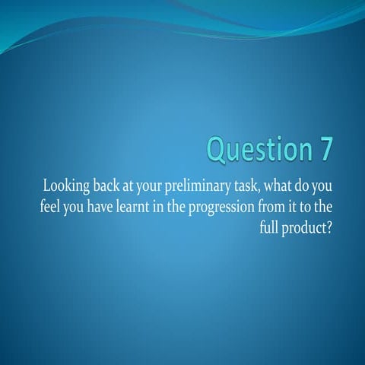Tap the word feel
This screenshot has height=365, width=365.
pos(49,206)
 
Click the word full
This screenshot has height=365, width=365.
pos(269,227)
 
